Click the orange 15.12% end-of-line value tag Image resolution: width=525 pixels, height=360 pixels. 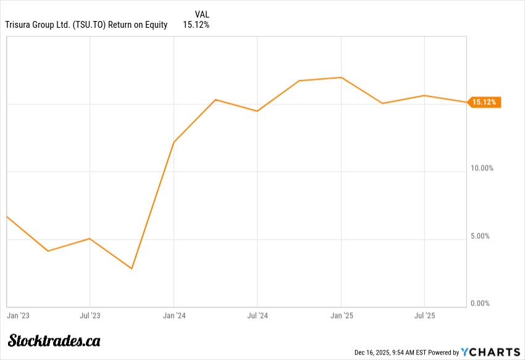(484, 103)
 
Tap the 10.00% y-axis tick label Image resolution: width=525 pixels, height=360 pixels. (481, 168)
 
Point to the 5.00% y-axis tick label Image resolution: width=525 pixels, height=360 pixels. (482, 236)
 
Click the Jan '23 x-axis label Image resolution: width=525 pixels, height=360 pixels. (19, 316)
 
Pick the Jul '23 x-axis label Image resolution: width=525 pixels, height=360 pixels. (90, 316)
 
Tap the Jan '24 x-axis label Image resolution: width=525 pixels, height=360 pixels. (174, 316)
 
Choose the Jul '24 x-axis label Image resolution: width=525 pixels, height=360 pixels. (257, 316)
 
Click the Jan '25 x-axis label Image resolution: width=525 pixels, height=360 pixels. (342, 316)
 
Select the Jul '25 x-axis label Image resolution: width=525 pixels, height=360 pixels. (424, 316)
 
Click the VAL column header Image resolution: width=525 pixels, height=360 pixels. (202, 14)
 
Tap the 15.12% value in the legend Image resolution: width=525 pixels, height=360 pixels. (196, 25)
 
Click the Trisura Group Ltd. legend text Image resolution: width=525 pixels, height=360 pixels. (86, 25)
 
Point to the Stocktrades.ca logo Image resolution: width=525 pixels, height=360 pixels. (54, 340)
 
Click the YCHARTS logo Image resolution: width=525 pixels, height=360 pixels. (491, 352)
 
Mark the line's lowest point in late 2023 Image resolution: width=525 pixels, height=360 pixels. (132, 269)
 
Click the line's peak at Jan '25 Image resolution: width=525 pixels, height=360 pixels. (341, 78)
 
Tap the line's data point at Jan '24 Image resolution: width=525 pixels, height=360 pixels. (174, 142)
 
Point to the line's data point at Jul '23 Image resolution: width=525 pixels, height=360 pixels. (90, 238)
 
